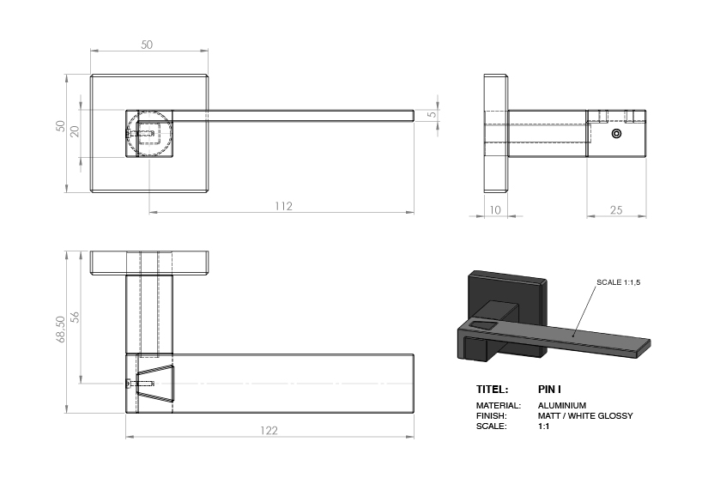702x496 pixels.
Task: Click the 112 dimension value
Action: [x=283, y=206]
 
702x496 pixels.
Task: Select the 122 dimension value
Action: [x=269, y=430]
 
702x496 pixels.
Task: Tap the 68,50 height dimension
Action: [x=60, y=330]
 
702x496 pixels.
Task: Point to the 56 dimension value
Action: [x=75, y=317]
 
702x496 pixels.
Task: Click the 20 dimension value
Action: [x=75, y=131]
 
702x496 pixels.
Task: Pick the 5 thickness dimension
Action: [x=432, y=114]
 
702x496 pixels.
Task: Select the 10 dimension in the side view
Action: [x=494, y=210]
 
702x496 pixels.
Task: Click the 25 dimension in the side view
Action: [x=616, y=210]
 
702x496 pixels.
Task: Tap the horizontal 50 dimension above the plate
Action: [x=147, y=45]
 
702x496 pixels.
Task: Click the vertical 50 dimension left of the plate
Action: [x=60, y=126]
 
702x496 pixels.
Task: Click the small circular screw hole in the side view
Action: [x=616, y=133]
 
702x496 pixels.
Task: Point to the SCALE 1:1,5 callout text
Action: [x=618, y=282]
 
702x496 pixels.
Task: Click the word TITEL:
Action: [x=492, y=390]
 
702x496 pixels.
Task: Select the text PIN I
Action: [x=549, y=390]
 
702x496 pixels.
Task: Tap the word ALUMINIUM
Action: [x=562, y=406]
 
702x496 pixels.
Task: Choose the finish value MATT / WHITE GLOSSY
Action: [x=585, y=416]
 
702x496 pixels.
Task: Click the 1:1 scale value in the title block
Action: [x=543, y=426]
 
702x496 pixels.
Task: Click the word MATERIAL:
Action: [x=499, y=406]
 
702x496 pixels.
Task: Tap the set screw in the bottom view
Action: [x=140, y=384]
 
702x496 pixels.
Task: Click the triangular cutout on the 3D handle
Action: [x=483, y=324]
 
